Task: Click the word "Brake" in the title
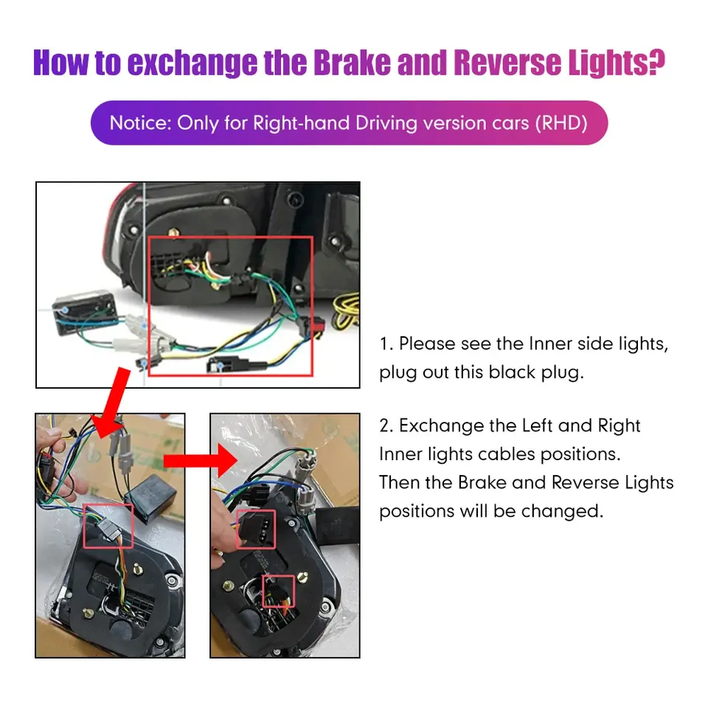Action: tap(353, 63)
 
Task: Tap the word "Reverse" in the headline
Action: tap(508, 63)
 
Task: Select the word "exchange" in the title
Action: tap(192, 63)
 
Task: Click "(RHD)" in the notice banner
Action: tap(561, 123)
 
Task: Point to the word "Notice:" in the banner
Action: tap(141, 123)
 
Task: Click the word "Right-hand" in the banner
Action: tap(301, 123)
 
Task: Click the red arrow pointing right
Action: tap(201, 460)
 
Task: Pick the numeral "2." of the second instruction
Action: tap(387, 426)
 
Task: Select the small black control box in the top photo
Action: tap(85, 313)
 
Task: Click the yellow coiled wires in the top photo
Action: tap(347, 311)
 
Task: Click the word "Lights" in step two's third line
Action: tap(650, 482)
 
